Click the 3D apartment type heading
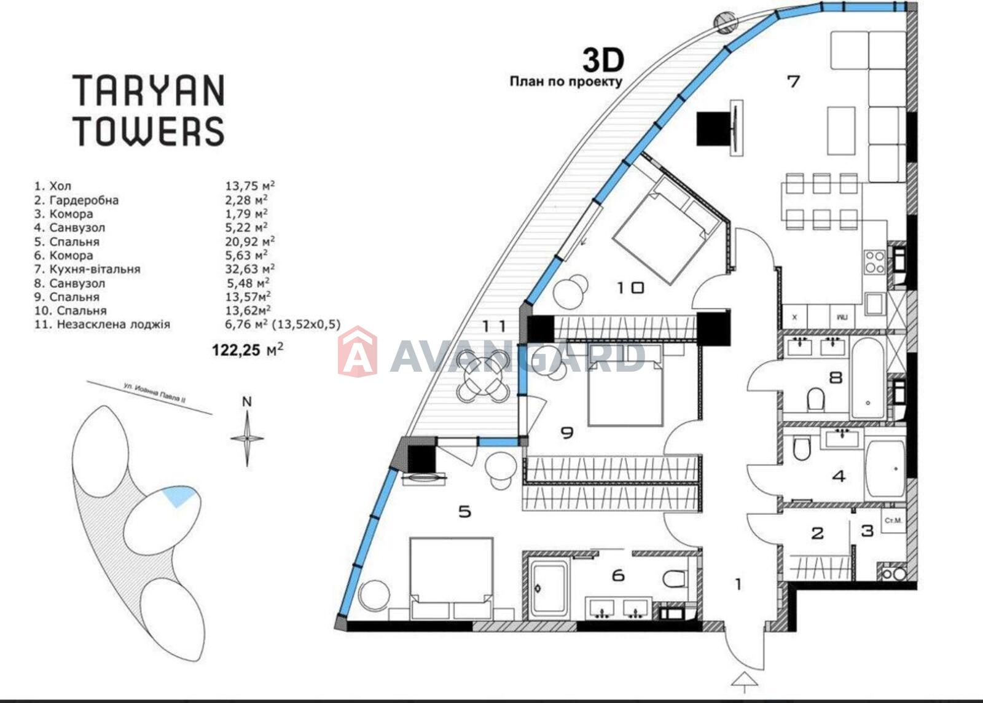coord(603,61)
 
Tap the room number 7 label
coord(793,82)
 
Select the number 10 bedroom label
coord(630,288)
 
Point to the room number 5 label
coord(464,511)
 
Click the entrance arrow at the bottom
coord(745,688)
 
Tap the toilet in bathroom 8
coord(815,398)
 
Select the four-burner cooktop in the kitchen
coord(875,262)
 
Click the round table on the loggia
coord(483,377)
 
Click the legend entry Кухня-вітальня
coord(95,269)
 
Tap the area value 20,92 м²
coord(249,241)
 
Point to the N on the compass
coord(247,401)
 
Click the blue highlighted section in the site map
coord(178,495)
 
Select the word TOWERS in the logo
coord(149,131)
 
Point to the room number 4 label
coord(839,477)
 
